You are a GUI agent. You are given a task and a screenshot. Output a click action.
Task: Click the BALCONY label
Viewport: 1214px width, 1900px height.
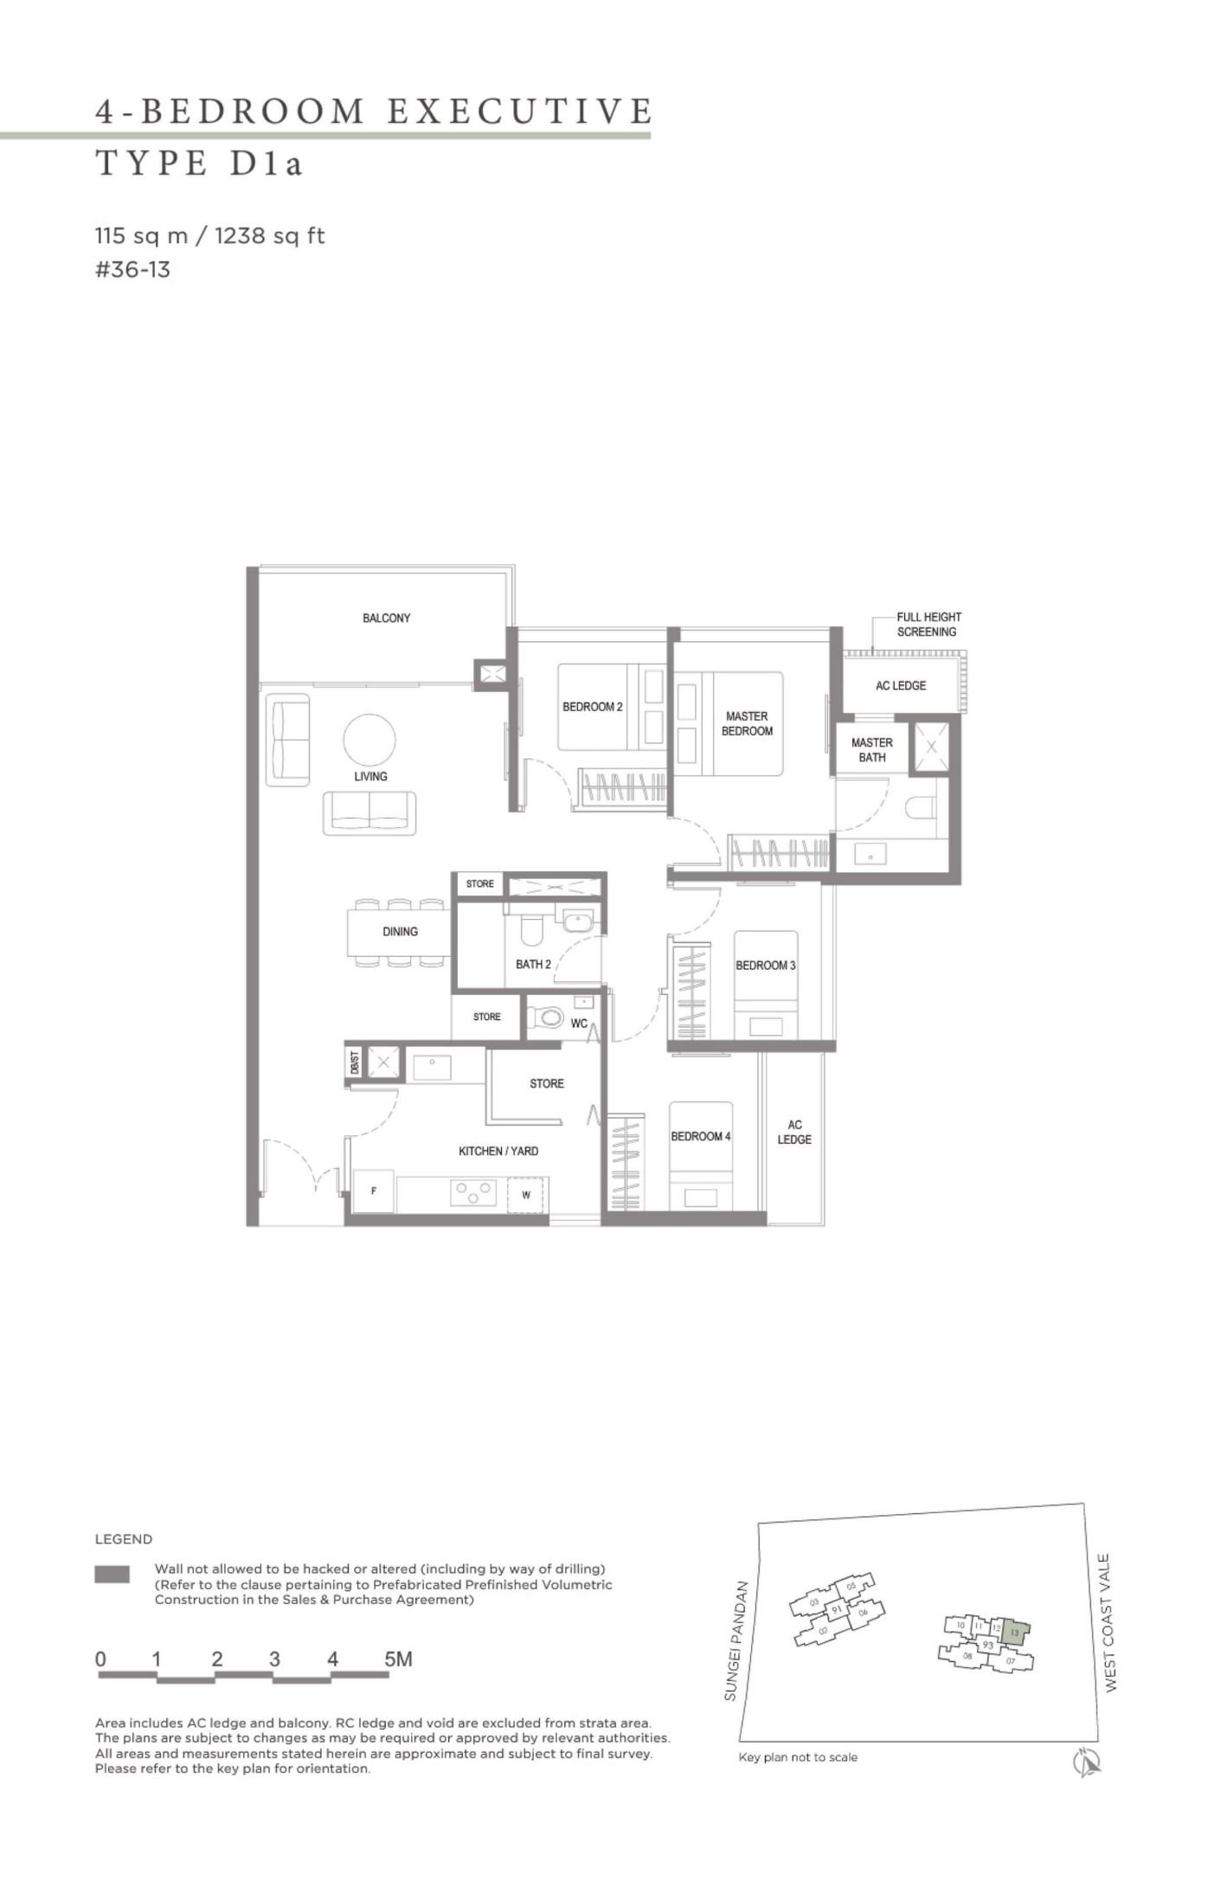[x=386, y=618]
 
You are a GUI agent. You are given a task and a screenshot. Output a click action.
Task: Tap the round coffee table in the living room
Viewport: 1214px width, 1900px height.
[x=369, y=741]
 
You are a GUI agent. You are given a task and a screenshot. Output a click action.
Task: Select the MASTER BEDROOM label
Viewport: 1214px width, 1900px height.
[x=747, y=723]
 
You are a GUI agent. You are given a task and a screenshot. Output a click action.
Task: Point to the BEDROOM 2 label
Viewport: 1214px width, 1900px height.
[x=592, y=707]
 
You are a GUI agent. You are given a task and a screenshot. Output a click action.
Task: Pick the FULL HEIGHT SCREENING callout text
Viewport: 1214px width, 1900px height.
[x=928, y=624]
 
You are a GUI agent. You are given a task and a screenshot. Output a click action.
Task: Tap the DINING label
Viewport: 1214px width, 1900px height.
[x=400, y=931]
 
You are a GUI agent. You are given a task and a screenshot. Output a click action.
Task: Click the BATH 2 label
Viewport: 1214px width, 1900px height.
[x=533, y=964]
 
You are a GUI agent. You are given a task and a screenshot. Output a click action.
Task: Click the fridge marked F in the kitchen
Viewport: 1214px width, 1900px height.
[x=374, y=1191]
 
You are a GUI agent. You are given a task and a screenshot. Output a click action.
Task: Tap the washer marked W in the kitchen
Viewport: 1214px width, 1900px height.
[x=526, y=1195]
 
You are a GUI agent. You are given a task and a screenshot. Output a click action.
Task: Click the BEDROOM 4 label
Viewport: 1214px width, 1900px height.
[x=701, y=1136]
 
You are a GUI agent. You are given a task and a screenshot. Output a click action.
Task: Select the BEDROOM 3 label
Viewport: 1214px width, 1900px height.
[x=765, y=965]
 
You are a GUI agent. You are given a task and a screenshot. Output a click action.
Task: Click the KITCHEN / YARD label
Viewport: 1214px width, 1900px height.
[x=498, y=1151]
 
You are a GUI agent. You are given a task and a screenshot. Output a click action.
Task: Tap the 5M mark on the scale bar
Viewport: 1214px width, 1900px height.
[x=398, y=1659]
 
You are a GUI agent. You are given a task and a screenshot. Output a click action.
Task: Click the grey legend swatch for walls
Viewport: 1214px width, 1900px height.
[x=112, y=1574]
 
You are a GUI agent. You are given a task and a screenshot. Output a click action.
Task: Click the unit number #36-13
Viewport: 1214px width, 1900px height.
[x=132, y=270]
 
